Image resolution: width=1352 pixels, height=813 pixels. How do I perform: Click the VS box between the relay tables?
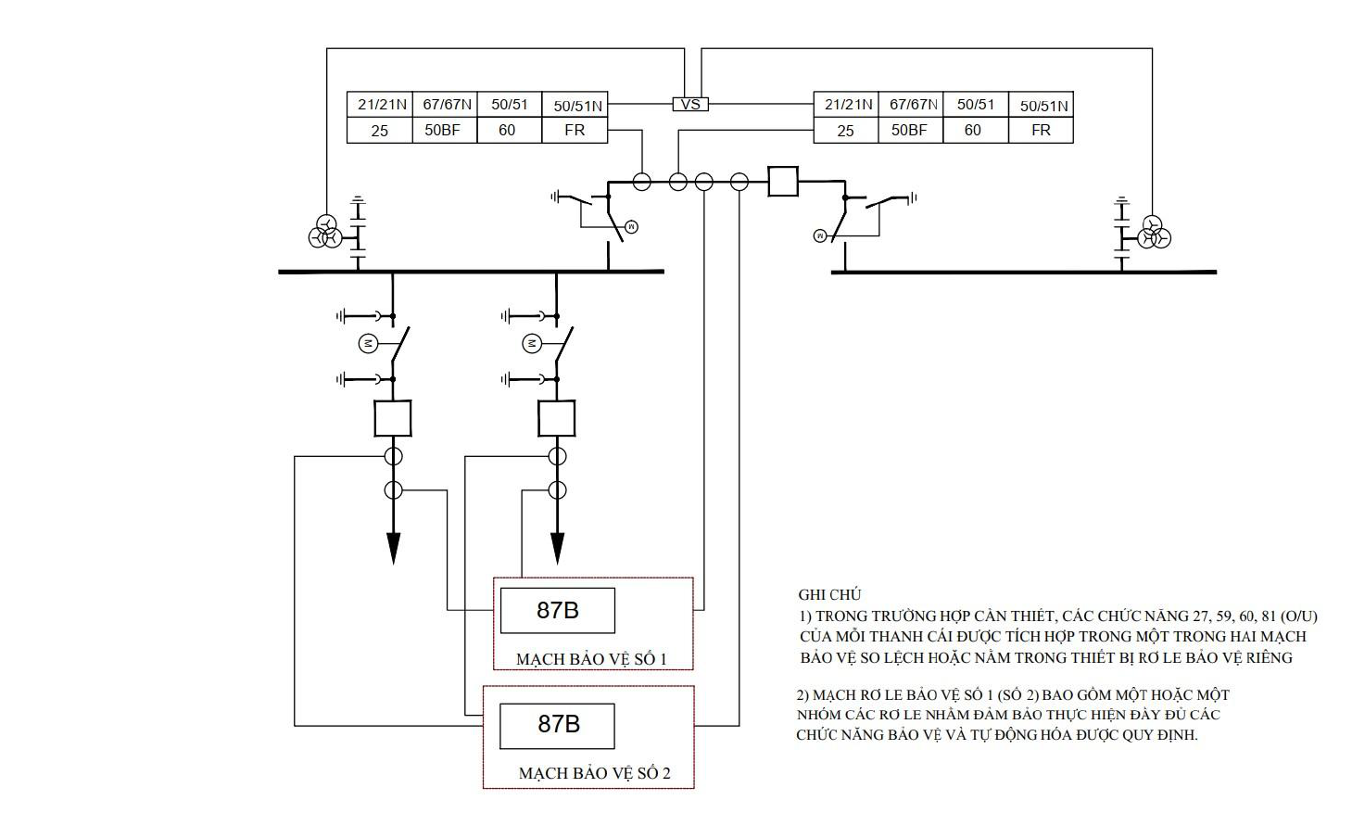690,104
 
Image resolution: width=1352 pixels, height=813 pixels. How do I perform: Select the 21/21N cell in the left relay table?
380,105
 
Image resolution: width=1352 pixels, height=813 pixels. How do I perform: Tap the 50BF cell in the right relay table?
910,131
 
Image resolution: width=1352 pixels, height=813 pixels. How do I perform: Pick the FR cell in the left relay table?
575,131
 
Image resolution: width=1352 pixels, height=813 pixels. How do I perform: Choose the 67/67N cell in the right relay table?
910,105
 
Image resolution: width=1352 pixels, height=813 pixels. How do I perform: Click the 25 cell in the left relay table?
380,131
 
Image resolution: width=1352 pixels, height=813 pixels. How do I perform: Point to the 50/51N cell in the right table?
1042,105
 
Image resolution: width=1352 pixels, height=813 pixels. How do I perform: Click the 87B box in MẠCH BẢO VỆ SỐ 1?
558,611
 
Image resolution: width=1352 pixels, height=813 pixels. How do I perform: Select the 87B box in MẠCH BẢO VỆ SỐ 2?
557,726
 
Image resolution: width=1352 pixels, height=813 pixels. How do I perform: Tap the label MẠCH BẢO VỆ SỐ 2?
595,772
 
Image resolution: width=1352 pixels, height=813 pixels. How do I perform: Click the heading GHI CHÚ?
829,594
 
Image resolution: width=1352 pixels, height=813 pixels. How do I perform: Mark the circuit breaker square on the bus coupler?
783,181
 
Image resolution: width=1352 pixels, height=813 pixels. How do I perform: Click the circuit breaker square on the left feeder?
393,418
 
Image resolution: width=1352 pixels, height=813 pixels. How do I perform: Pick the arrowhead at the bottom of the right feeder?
557,549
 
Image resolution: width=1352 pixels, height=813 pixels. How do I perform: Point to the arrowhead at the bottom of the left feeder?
394,549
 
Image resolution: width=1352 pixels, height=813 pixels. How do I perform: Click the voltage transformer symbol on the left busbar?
325,233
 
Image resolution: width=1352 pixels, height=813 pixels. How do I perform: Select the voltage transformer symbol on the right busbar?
1154,233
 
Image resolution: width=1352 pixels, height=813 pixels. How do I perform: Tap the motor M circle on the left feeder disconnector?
368,344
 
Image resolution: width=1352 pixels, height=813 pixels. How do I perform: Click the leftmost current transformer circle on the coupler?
641,181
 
